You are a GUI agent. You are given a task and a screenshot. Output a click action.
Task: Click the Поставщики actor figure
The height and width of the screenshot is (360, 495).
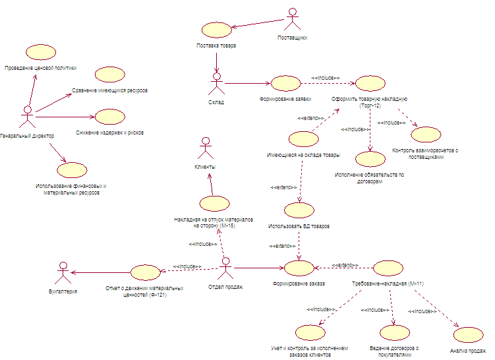(291, 18)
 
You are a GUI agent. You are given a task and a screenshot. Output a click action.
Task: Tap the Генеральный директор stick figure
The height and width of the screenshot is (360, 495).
(27, 117)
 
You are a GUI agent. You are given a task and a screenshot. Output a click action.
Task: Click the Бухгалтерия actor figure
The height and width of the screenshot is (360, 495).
(63, 271)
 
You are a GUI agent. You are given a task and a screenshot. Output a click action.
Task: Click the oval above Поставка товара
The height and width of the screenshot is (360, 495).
(216, 30)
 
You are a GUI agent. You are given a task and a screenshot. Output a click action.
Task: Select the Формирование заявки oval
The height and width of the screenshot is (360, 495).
(285, 84)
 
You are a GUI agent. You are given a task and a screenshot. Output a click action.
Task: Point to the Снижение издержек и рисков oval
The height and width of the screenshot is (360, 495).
(109, 117)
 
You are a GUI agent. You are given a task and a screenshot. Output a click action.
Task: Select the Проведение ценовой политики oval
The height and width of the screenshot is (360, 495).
(40, 53)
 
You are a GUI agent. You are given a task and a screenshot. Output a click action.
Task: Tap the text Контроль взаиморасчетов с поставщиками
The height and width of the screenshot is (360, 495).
(425, 154)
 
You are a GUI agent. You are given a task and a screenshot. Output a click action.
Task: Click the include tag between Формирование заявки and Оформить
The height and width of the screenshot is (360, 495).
(325, 78)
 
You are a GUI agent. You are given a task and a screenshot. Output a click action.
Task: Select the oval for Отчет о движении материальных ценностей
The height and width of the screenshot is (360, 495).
(145, 272)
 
